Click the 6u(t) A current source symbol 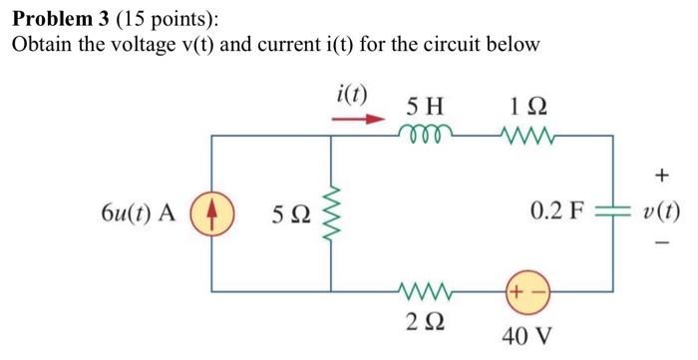point(209,213)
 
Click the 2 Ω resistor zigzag point(425,292)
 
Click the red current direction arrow point(358,119)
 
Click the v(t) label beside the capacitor point(662,212)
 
